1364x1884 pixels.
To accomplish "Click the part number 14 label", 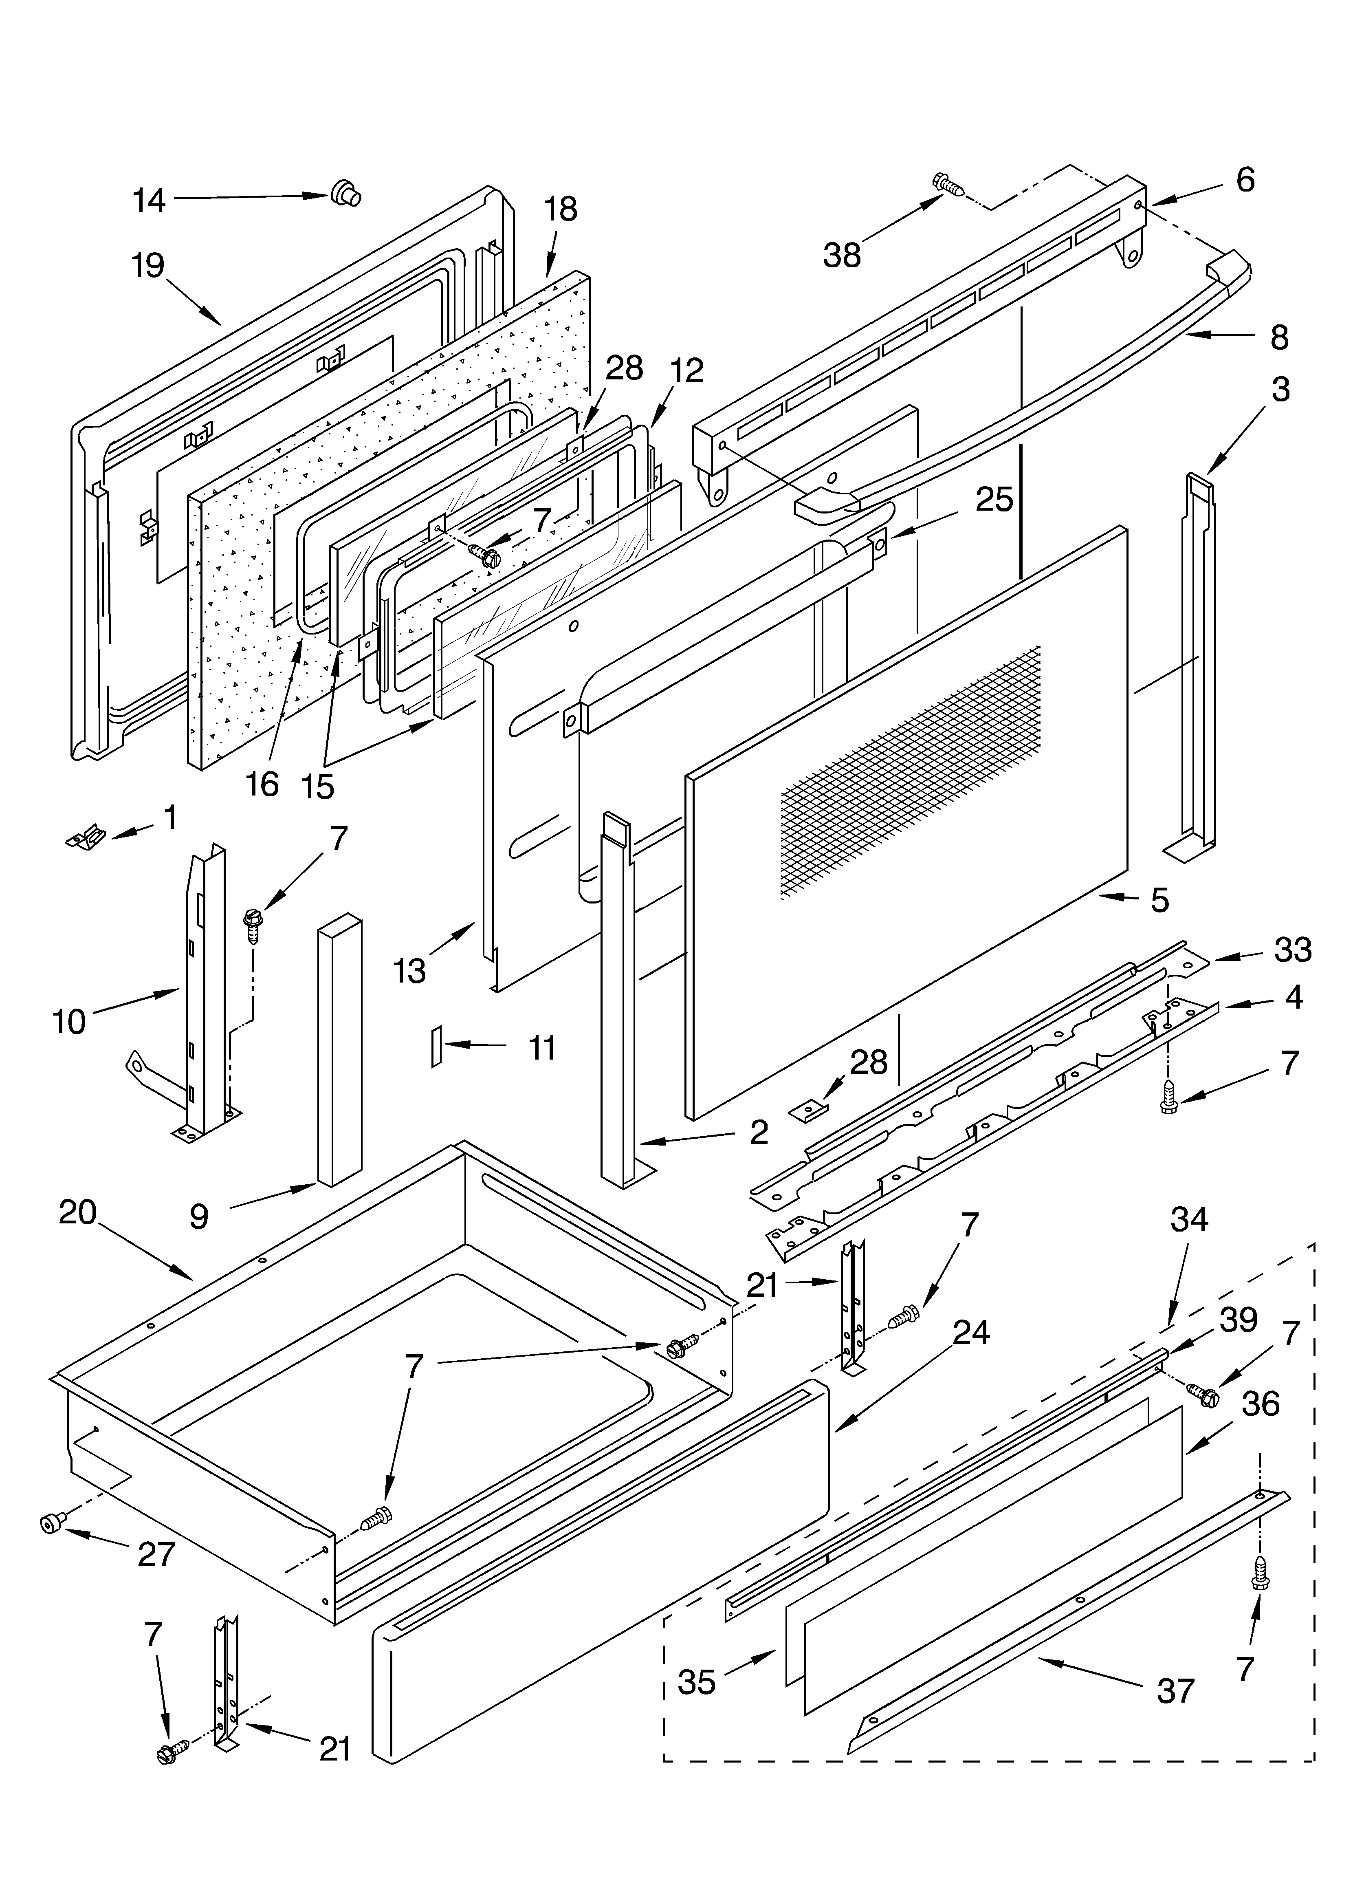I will pos(150,201).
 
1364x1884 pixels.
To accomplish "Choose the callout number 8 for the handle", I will pos(1279,337).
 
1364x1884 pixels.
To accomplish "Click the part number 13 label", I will pos(409,970).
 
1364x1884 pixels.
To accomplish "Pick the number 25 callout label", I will pos(994,499).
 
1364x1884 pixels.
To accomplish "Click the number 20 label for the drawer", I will pos(78,1213).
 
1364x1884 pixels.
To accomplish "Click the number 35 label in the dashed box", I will pos(696,1682).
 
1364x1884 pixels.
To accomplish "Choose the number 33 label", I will pos(1293,950).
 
